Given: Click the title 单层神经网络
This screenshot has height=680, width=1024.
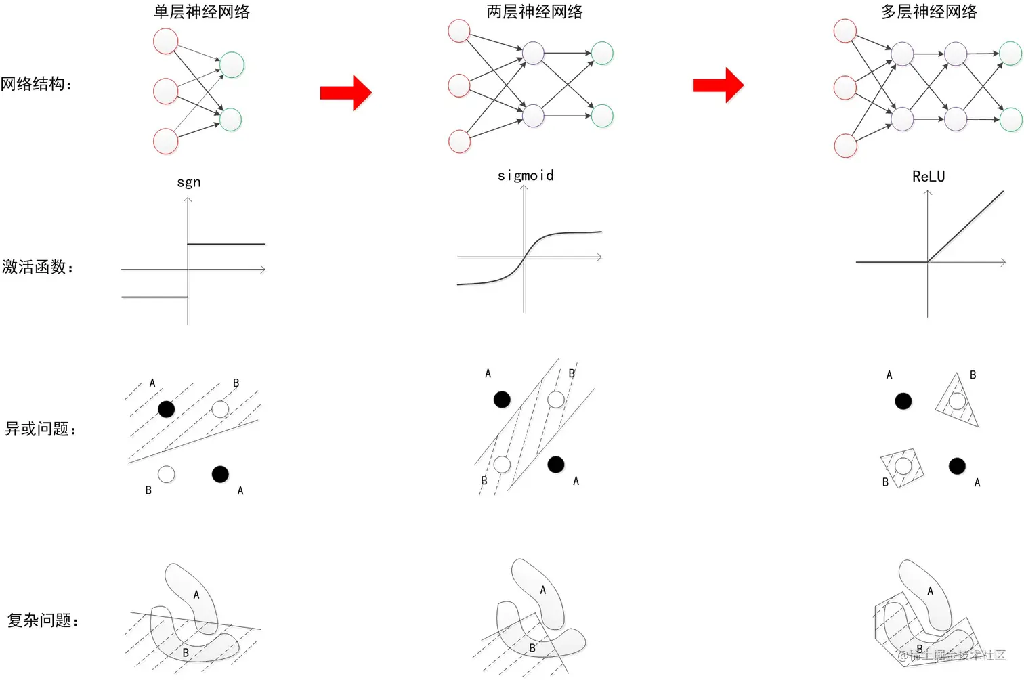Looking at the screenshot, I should tap(201, 12).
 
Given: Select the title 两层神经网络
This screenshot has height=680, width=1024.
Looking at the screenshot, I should tap(534, 12).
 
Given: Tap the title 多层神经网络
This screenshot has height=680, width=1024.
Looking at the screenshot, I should tap(929, 12).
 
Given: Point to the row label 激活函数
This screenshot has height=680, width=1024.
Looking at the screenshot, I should tap(37, 267).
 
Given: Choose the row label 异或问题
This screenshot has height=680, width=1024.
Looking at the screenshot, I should tap(40, 429).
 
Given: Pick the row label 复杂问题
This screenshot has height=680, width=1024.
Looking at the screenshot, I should tap(42, 620).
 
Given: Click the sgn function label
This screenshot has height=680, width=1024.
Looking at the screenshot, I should tap(189, 182).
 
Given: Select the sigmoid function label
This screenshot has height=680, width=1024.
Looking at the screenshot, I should tap(526, 176).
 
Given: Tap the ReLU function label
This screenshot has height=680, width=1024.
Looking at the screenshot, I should tap(928, 177).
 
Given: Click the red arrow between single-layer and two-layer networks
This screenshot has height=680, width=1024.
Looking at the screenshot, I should tap(345, 92).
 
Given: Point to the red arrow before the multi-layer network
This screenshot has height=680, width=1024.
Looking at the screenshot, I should tap(718, 85).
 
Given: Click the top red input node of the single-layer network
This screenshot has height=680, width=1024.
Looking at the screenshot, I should tap(166, 41).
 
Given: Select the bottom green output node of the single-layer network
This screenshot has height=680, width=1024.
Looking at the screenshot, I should tap(231, 119).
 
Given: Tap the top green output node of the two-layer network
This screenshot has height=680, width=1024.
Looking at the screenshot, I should tap(602, 53).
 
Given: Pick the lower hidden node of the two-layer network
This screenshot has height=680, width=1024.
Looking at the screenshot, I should tap(533, 116).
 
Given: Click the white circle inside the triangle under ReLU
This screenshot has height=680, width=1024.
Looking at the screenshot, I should tap(957, 401).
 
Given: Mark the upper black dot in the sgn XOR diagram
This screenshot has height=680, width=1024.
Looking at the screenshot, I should tap(166, 408).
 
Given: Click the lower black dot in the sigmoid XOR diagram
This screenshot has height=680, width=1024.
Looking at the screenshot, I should tap(556, 464).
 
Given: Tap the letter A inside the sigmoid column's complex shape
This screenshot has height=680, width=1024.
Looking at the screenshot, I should tap(542, 591).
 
